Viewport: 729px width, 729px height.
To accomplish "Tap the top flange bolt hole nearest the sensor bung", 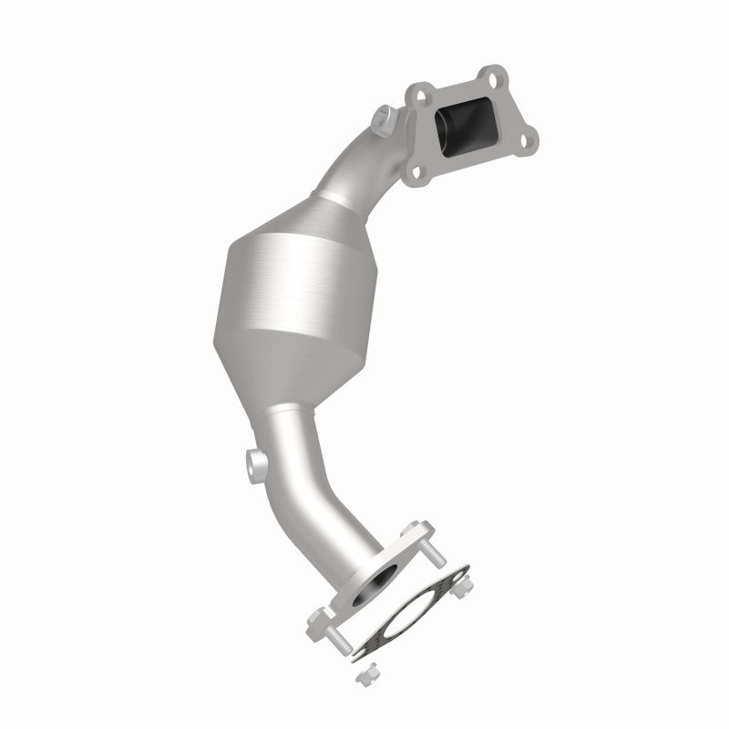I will click(x=418, y=92).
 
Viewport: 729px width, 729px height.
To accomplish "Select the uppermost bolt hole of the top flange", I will click(x=492, y=73).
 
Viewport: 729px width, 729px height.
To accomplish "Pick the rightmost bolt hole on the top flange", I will click(x=527, y=139).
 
